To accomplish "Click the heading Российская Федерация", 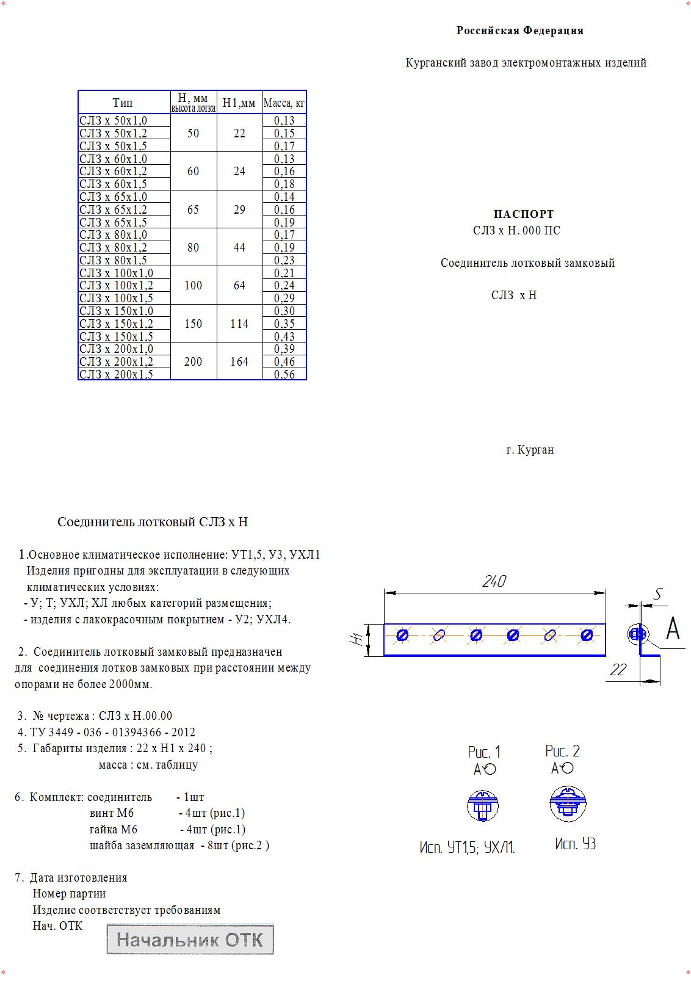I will click(x=519, y=31).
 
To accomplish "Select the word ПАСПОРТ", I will click(x=524, y=214).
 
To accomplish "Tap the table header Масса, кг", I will click(x=284, y=103).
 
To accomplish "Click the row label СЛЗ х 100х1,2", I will click(x=117, y=286).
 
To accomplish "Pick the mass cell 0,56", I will click(x=284, y=374).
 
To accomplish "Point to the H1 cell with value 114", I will click(x=239, y=324).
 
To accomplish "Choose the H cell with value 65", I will click(x=193, y=209).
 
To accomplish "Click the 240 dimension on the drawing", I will click(x=494, y=581).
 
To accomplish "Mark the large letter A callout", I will click(x=672, y=628).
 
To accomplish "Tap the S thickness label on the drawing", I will click(x=658, y=594).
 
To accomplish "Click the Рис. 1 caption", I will click(x=484, y=752).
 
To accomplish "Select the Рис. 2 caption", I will click(x=562, y=751).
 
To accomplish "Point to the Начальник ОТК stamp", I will click(x=190, y=940).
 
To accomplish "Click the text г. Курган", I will click(x=530, y=450).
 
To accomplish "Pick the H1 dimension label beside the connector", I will click(x=356, y=639).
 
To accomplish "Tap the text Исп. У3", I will click(x=575, y=844).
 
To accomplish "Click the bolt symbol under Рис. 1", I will click(x=483, y=806).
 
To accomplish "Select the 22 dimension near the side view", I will click(x=618, y=670).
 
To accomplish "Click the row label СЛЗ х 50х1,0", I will click(x=114, y=121).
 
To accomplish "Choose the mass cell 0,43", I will click(x=284, y=336).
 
